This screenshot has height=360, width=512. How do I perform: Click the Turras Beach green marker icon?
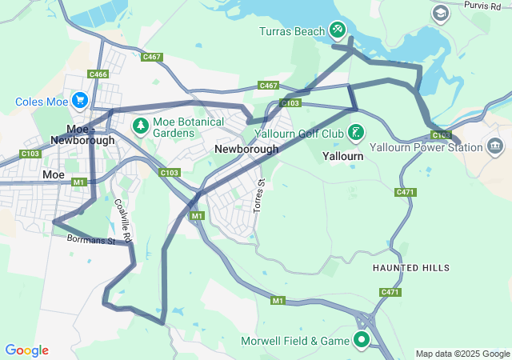coord(338,30)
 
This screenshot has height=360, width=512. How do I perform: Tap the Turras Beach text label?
coord(292,32)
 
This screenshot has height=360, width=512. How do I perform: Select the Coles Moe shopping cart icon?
coord(79,100)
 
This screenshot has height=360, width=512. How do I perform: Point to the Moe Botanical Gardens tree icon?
coord(141,125)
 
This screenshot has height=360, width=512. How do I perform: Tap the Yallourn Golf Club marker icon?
coord(356,131)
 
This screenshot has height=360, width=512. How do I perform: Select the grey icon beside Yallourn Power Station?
coord(495,146)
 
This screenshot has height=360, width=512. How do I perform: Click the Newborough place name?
coord(246,150)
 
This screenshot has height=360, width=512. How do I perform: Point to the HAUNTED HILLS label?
coord(411,268)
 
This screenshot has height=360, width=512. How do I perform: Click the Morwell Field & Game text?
coord(295,342)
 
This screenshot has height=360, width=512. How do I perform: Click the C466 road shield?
coord(98,74)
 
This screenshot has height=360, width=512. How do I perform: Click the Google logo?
coord(26,350)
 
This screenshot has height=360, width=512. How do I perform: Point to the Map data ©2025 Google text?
coord(462,354)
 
